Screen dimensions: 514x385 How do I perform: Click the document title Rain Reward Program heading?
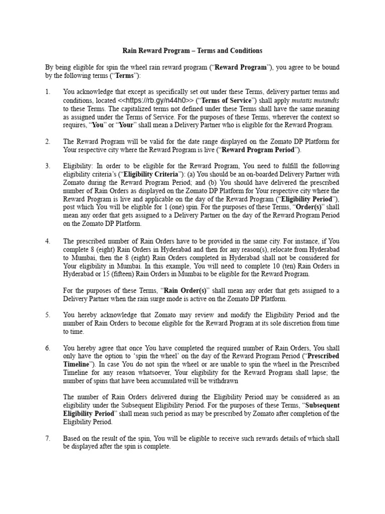192,51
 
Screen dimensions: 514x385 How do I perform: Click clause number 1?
48,92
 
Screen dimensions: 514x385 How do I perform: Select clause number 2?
48,142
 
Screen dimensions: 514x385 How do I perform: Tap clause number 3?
48,166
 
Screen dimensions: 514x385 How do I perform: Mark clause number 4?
48,241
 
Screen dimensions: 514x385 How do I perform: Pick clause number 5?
48,315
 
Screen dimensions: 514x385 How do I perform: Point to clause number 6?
48,348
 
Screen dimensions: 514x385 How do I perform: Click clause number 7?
48,438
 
